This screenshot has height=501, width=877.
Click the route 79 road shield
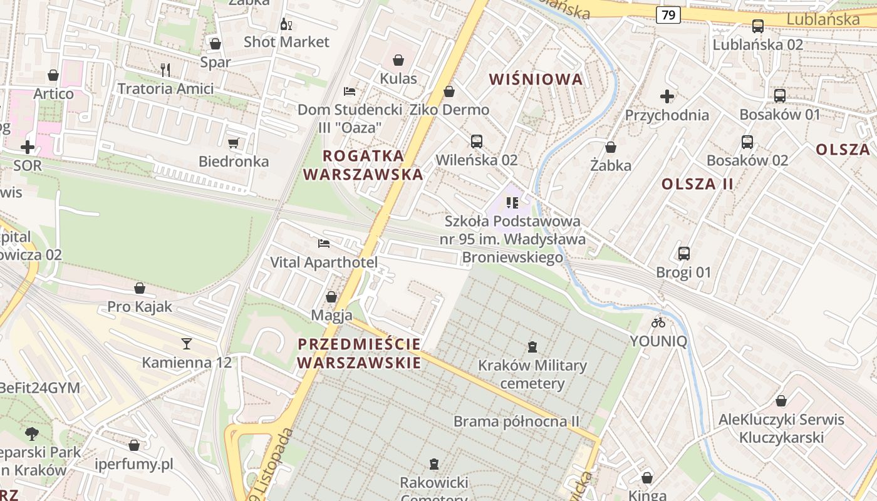(668, 14)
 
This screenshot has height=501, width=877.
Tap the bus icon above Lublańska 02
(757, 26)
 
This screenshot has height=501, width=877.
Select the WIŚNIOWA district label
(536, 80)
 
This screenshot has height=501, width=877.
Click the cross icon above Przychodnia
(667, 96)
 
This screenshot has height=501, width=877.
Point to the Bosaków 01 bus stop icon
(779, 96)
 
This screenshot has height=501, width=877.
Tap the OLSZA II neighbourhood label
(697, 184)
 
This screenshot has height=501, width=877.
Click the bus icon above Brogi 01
(683, 254)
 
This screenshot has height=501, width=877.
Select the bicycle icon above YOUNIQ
(658, 323)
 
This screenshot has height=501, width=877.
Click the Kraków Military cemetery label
(532, 374)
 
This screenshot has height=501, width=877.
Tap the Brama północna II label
(516, 421)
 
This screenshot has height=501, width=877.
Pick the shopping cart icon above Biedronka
(234, 143)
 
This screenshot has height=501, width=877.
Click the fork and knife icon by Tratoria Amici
(165, 70)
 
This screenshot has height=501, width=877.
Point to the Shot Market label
(286, 42)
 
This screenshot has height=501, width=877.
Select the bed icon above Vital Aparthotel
(324, 243)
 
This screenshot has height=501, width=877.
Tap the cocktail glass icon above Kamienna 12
(186, 343)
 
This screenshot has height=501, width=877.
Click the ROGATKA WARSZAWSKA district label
(363, 165)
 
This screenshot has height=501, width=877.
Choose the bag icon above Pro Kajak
(139, 288)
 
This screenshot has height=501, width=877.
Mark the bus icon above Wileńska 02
(477, 141)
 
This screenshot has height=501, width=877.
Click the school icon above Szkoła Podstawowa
(512, 202)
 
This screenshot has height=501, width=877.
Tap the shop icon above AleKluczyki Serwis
(781, 401)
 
